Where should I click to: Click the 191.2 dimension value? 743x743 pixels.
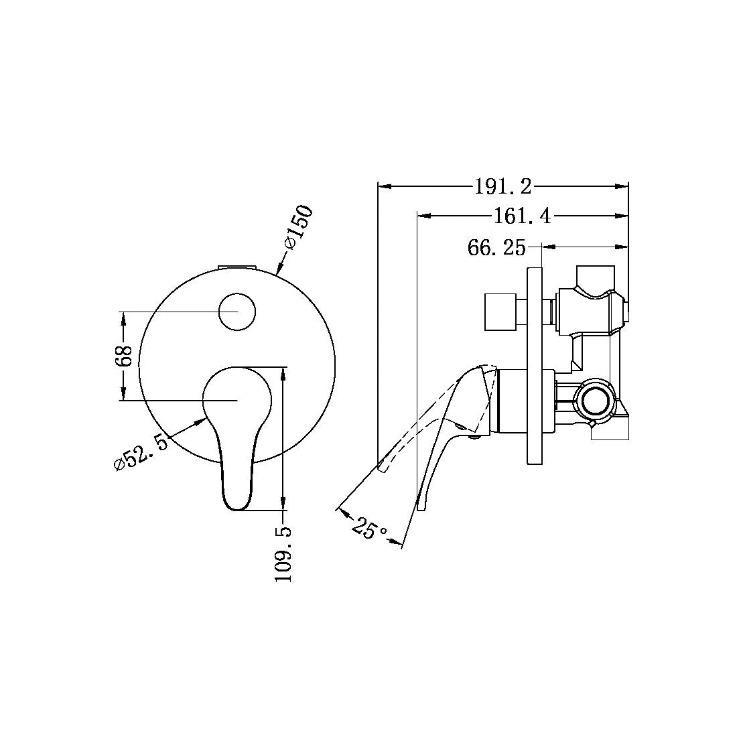click(502, 187)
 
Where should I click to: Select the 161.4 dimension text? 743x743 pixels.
click(522, 216)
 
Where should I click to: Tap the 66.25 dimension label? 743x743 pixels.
click(496, 248)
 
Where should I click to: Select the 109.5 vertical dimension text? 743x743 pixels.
click(284, 553)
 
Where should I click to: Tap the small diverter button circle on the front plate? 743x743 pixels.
click(238, 312)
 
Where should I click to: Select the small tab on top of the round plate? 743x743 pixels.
click(238, 267)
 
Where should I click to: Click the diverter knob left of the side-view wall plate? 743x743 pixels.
click(499, 312)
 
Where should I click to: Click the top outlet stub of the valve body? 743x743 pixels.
click(596, 275)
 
